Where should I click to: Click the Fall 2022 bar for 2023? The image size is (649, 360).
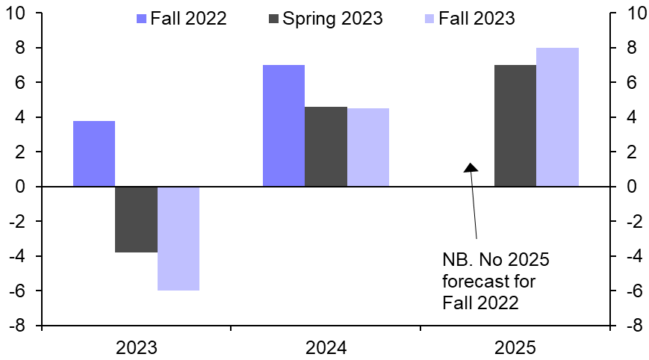[x=94, y=153]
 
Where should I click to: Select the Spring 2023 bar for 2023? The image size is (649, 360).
[x=136, y=220]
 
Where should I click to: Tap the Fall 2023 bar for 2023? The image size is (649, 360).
[x=178, y=238]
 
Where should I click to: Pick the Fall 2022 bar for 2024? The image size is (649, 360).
[x=284, y=125]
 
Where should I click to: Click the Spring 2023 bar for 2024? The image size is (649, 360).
[x=326, y=146]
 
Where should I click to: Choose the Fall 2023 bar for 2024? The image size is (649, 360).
[x=368, y=147]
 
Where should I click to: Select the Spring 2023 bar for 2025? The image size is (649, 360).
[x=515, y=125]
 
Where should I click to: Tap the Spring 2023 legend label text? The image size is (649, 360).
[x=332, y=18]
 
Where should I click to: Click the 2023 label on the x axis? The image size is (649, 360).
[x=136, y=347]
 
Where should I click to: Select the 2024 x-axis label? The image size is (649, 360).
[x=326, y=347]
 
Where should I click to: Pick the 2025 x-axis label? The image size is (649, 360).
[x=515, y=347]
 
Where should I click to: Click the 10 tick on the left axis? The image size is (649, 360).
[x=16, y=13]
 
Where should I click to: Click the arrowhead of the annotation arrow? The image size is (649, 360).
[x=471, y=167]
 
